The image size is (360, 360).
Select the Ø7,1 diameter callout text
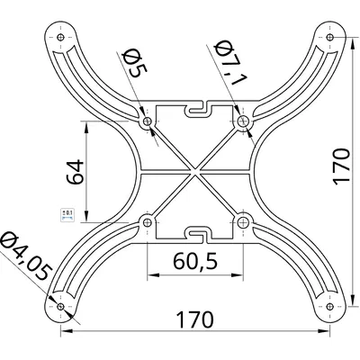(x=230, y=64)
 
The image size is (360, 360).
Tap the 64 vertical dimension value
(x=75, y=171)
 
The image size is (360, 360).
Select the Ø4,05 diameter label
(x=24, y=257)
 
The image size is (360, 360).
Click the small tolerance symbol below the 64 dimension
(x=66, y=213)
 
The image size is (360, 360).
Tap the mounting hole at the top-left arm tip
(x=60, y=38)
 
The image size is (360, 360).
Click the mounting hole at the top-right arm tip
(x=330, y=38)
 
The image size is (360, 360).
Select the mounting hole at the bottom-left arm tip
(x=60, y=306)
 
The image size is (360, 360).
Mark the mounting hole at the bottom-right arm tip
(x=330, y=306)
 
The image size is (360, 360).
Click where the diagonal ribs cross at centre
(x=195, y=171)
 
